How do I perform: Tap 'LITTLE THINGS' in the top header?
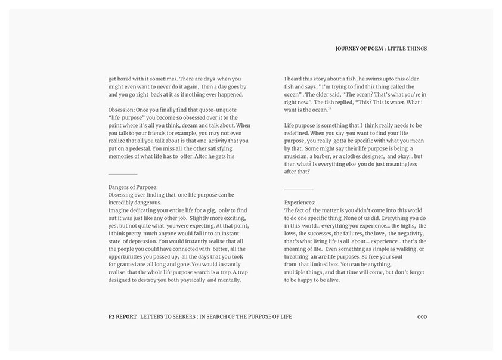pos(407,49)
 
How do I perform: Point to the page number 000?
pos(422,316)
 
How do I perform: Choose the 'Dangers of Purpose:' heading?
pos(133,187)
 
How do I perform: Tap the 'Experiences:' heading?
pos(300,203)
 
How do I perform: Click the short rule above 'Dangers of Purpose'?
pos(123,174)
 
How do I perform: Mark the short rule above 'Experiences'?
pos(299,190)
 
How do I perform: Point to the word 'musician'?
pos(299,156)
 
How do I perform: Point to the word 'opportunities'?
pos(127,256)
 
